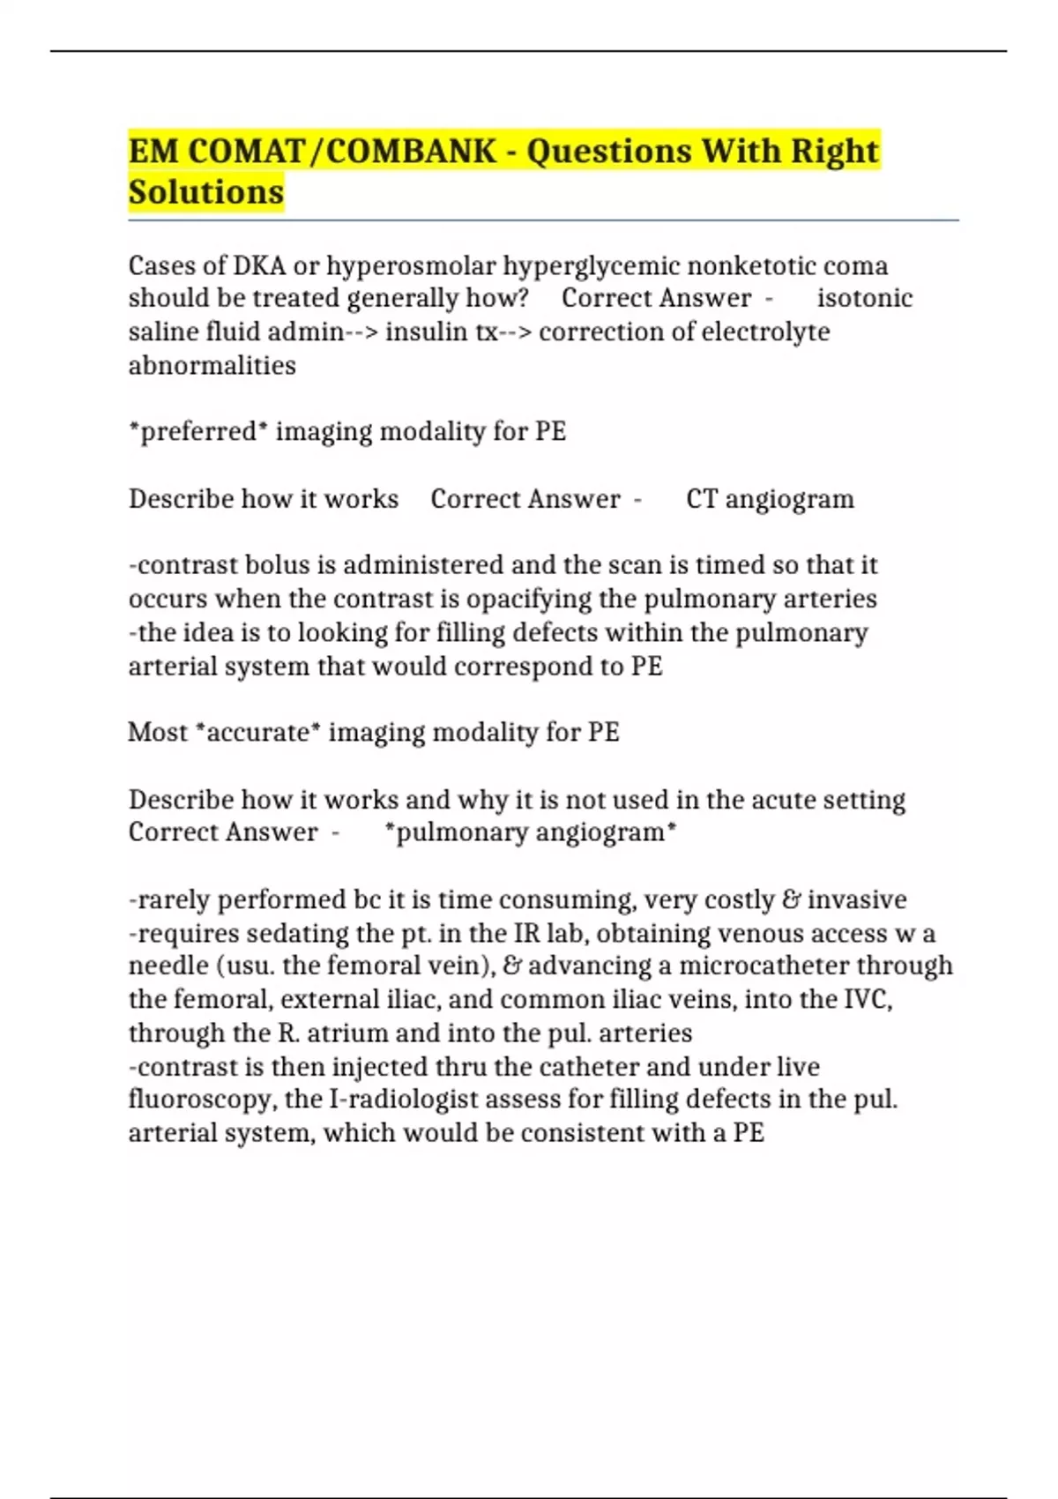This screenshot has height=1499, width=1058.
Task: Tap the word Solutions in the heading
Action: [x=206, y=192]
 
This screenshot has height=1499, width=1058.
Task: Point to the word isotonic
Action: [x=864, y=298]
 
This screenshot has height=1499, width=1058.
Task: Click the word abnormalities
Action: [x=212, y=365]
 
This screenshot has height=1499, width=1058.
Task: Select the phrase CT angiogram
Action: [x=770, y=499]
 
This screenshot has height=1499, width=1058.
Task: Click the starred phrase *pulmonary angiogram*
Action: [x=532, y=832]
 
